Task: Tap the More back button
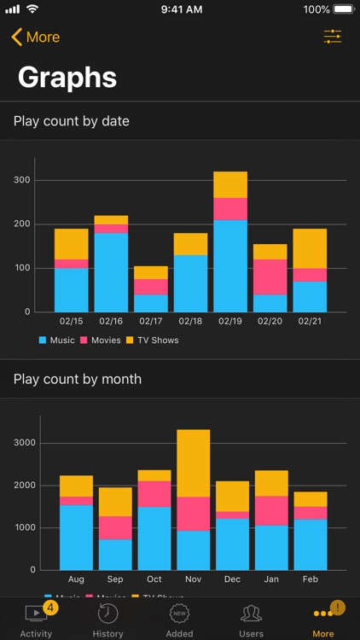pos(35,38)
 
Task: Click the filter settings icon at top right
pos(332,37)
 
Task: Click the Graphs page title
pos(67,78)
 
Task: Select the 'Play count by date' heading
pos(72,121)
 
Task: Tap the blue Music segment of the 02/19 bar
pos(230,265)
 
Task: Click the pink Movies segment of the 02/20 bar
pos(270,277)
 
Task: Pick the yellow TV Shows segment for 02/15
pos(72,244)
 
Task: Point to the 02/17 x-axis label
pos(151,322)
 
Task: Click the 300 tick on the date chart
pos(21,181)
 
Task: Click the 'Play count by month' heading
pos(78,379)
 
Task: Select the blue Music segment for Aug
pos(76,537)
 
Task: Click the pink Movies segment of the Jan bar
pos(270,510)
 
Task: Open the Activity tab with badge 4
pos(36,619)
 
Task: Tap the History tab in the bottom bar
pos(107,619)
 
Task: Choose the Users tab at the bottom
pos(251,619)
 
